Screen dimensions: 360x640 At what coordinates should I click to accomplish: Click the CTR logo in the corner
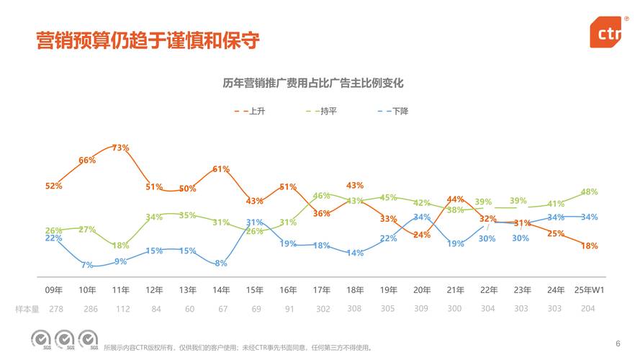(x=606, y=33)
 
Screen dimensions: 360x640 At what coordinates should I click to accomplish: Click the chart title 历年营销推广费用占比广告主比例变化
(x=313, y=84)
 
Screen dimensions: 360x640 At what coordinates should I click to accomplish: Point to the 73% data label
(x=120, y=148)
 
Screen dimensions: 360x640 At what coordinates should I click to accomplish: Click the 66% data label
(x=87, y=161)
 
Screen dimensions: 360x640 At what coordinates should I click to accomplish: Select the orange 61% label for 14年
(x=221, y=169)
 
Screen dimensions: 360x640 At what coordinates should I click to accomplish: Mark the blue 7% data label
(x=87, y=265)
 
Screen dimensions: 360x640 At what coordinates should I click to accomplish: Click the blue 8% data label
(x=221, y=264)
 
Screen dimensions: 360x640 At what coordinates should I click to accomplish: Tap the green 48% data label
(x=589, y=192)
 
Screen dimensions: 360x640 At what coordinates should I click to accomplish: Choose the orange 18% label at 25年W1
(x=589, y=246)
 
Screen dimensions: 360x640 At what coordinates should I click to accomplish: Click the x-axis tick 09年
(x=54, y=290)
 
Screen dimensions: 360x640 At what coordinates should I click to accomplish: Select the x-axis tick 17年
(x=322, y=290)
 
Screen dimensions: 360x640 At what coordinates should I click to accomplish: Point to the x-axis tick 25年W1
(x=588, y=290)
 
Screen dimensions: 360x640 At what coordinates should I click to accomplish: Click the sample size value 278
(x=54, y=309)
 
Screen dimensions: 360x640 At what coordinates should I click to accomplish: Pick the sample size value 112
(x=121, y=309)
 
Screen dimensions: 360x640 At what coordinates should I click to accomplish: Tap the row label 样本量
(x=27, y=309)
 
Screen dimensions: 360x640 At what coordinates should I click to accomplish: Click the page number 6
(x=618, y=343)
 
